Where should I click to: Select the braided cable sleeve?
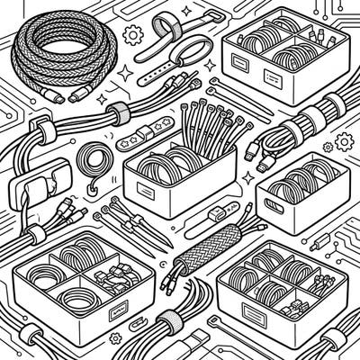(x=212, y=243)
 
